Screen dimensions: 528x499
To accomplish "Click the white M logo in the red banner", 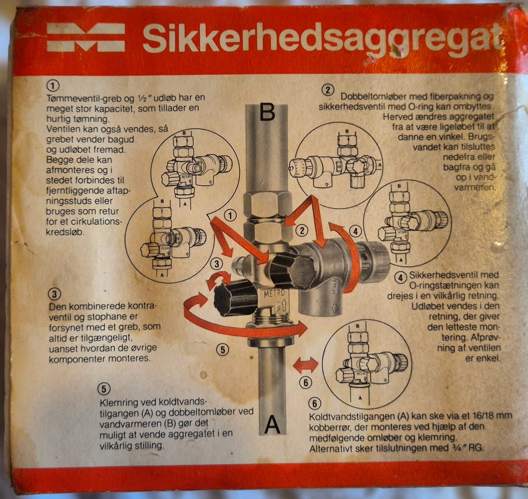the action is tap(86, 37).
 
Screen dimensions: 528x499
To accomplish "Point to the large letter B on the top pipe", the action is tap(267, 112).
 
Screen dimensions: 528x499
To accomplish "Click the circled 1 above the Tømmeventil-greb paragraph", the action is tap(53, 86).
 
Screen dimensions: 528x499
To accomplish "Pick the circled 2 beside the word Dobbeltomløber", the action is tap(328, 90).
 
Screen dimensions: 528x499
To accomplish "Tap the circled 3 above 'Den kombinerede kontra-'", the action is tap(54, 294).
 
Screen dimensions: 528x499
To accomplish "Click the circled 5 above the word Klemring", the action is tap(104, 389).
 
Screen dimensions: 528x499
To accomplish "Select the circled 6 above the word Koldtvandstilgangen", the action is tap(315, 403).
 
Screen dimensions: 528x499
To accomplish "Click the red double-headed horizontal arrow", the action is tap(305, 365).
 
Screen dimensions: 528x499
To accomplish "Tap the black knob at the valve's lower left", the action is tap(235, 298).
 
